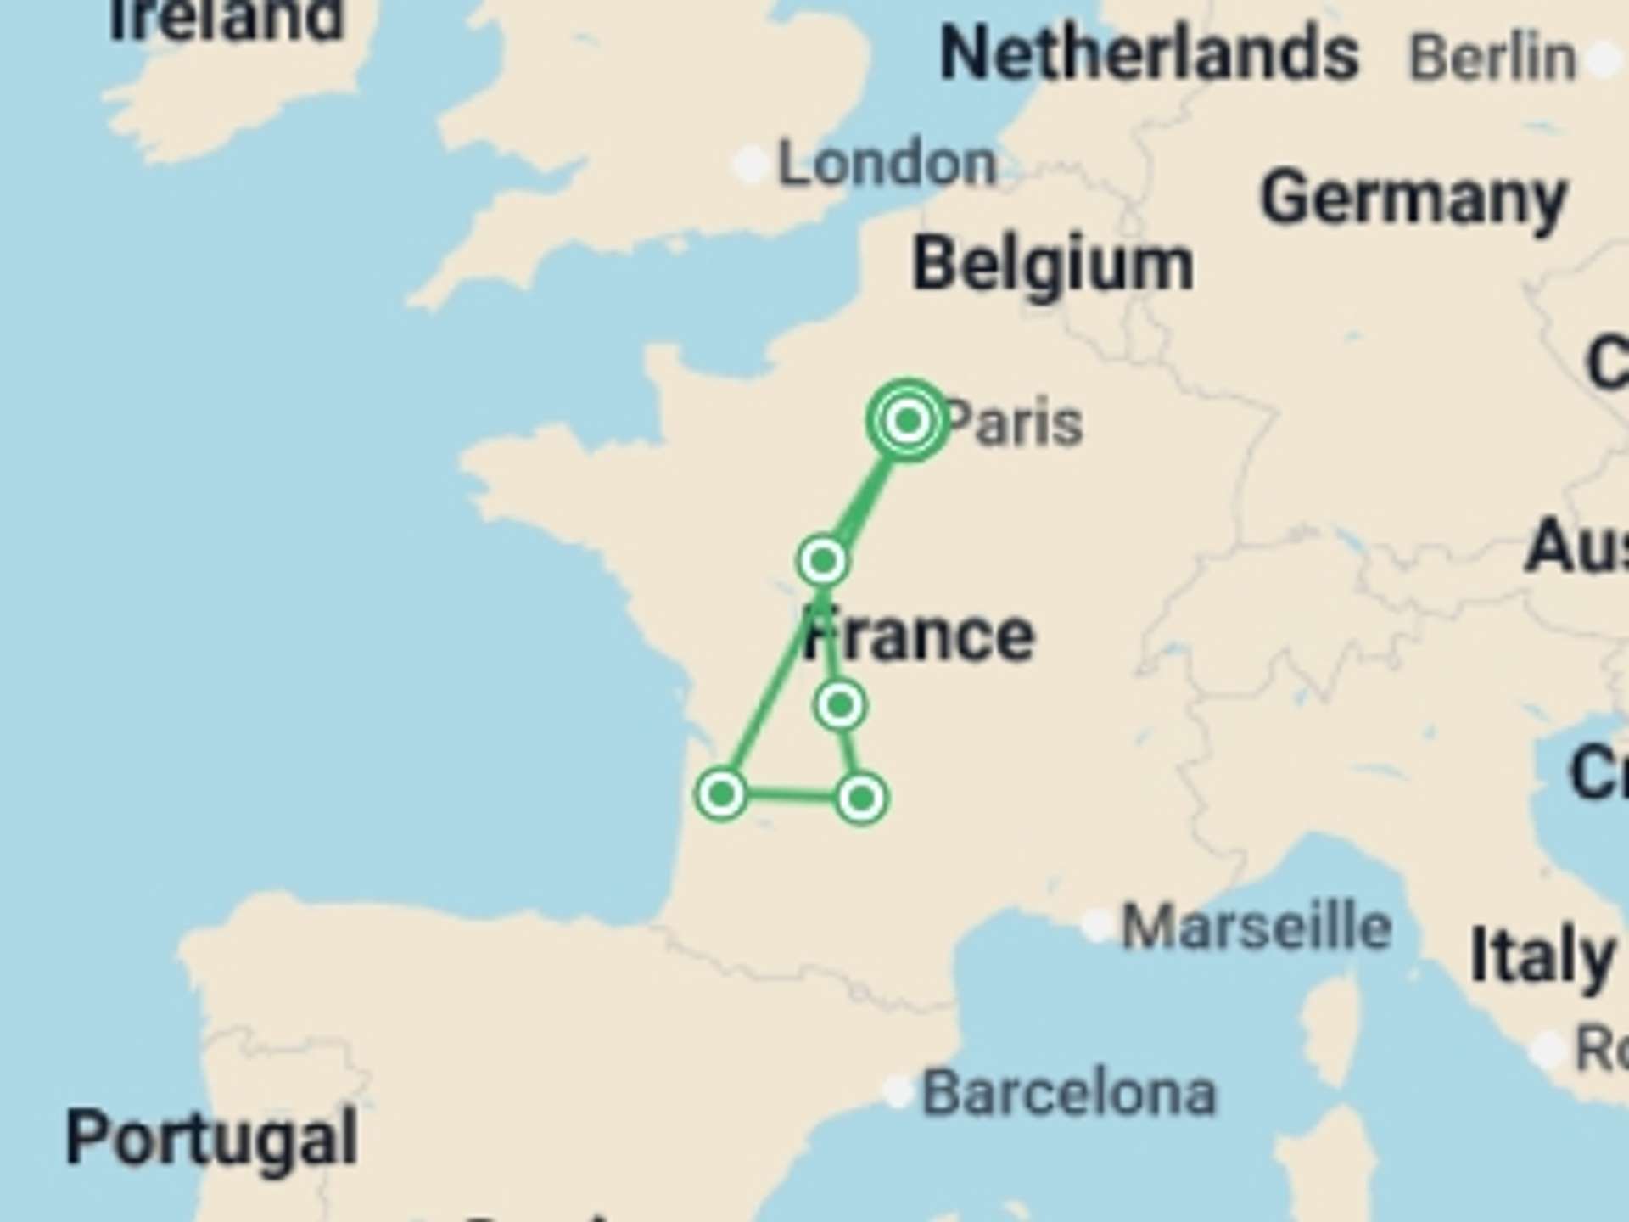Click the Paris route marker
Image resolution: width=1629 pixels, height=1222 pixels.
pos(908,420)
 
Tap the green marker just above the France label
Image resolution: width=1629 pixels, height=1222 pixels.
pos(823,560)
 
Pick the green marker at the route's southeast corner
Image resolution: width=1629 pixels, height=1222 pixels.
pos(861,799)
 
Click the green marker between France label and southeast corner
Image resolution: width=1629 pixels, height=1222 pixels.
pos(840,705)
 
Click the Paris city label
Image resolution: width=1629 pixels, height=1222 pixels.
pos(1014,423)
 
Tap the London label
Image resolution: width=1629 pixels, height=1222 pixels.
pos(887,163)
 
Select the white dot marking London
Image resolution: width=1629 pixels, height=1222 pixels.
pos(751,164)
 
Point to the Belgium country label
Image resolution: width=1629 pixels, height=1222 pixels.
pos(1052,265)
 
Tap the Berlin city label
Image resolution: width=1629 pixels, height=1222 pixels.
pos(1492,58)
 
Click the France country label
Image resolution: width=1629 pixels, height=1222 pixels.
pos(920,635)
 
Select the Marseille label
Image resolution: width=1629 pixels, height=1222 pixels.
pos(1257,927)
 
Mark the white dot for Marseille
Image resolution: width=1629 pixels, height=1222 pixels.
pos(1098,925)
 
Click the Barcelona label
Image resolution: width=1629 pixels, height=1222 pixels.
pos(1069,1093)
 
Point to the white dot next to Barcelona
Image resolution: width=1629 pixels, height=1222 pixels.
pos(898,1090)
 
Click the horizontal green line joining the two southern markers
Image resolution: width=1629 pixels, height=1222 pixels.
pos(791,796)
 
